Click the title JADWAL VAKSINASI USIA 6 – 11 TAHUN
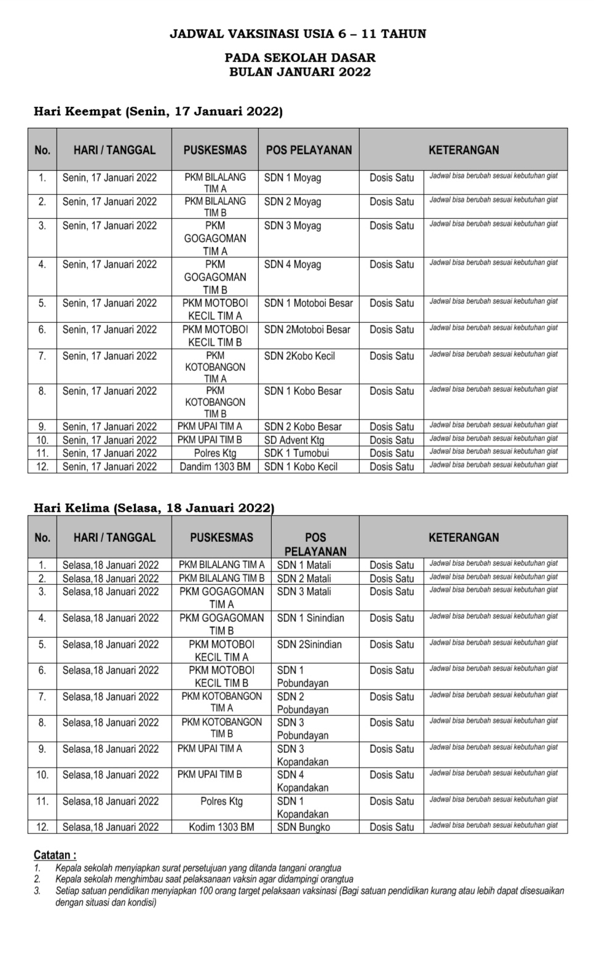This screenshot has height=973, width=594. [x=298, y=34]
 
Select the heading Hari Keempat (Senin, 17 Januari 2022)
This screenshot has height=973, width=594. [x=158, y=112]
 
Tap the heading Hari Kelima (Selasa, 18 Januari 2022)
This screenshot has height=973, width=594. [x=154, y=508]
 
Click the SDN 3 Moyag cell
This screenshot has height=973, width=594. [x=293, y=226]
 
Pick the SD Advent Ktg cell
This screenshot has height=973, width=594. [x=294, y=440]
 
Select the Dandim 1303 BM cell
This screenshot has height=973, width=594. [x=215, y=467]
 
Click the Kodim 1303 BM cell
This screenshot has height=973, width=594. [x=221, y=827]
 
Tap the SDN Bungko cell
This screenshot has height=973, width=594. [x=303, y=827]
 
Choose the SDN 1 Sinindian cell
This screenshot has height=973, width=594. [x=311, y=618]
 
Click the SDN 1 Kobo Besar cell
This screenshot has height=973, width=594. [x=303, y=391]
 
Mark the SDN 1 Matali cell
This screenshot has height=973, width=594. [x=304, y=565]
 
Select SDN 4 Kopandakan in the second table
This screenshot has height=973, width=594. [x=303, y=781]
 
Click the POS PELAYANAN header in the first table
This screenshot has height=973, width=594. [x=309, y=150]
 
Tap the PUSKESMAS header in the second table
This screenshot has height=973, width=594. [x=221, y=538]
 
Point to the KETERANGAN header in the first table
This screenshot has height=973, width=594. [x=464, y=150]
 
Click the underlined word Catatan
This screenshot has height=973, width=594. [x=55, y=855]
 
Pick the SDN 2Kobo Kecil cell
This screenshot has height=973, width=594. [x=299, y=356]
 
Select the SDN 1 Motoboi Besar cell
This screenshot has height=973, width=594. [x=309, y=303]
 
